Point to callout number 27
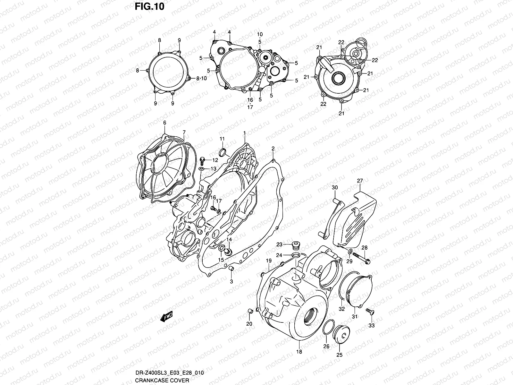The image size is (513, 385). point(360,181)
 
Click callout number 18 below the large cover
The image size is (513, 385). point(299,352)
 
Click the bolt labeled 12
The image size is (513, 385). point(202,159)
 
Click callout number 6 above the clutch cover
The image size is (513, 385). point(164,123)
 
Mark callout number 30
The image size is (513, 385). point(334,187)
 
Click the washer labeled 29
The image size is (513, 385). point(350,252)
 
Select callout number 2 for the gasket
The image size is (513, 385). point(273,148)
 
